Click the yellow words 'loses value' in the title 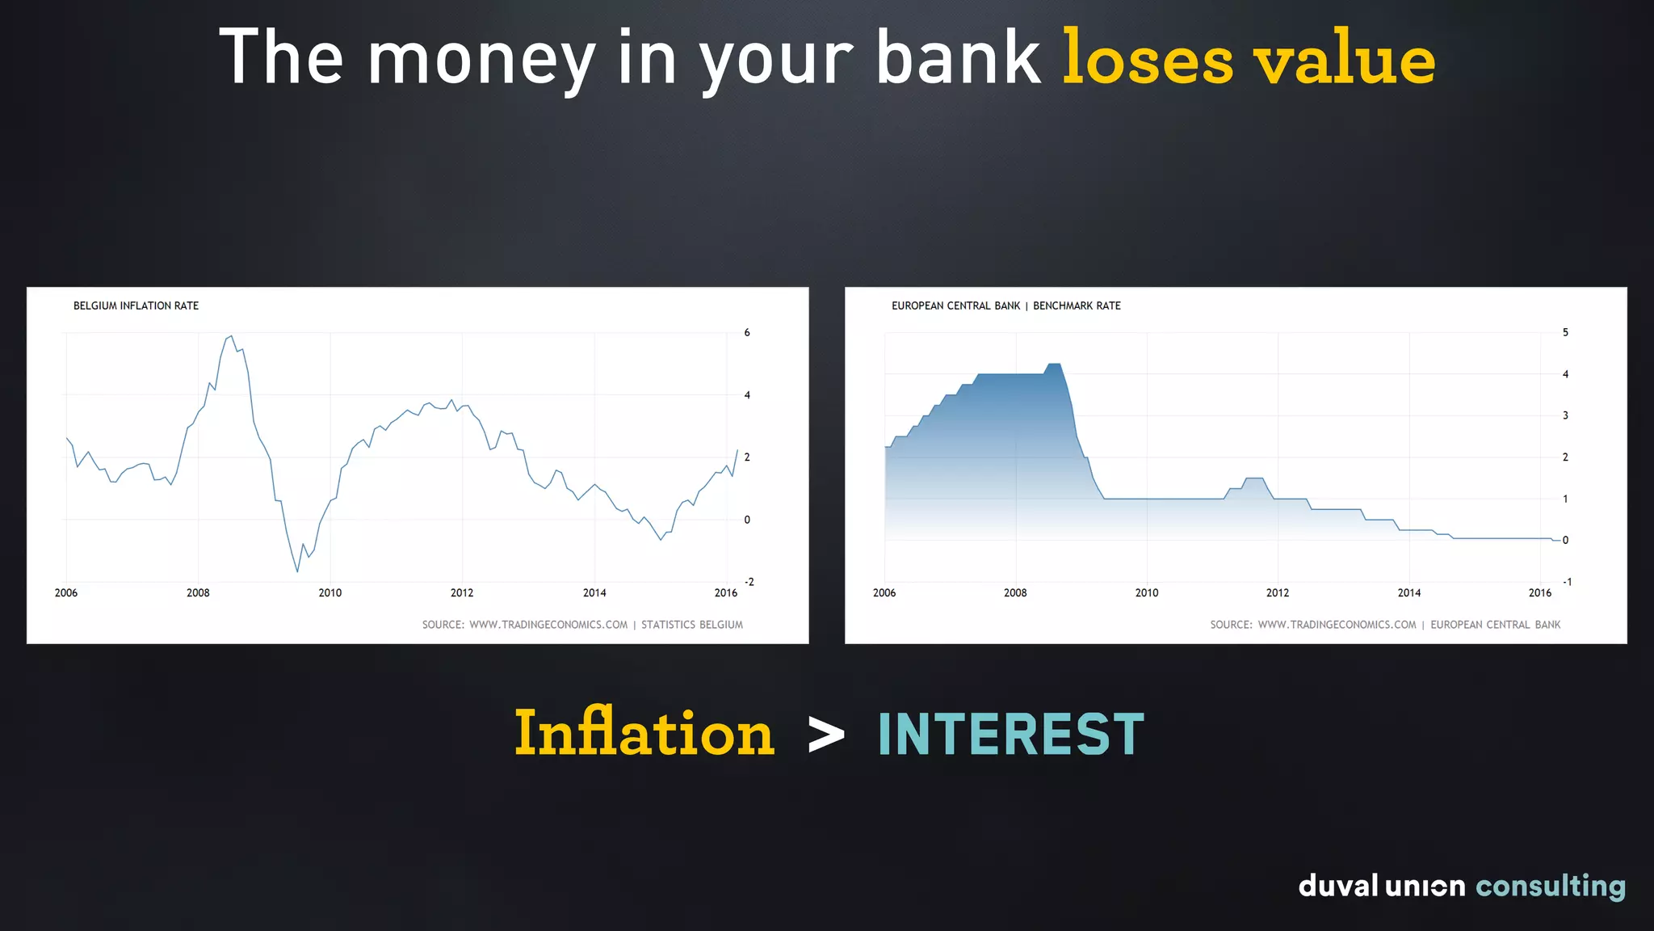pyautogui.click(x=1248, y=58)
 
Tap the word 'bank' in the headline pyautogui.click(x=959, y=58)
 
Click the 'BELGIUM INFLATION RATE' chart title pyautogui.click(x=136, y=305)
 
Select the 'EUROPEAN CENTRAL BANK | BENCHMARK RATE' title pyautogui.click(x=1005, y=305)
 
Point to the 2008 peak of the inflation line pyautogui.click(x=231, y=336)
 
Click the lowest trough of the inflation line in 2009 pyautogui.click(x=297, y=571)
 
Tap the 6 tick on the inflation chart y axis pyautogui.click(x=747, y=332)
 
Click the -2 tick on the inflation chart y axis pyautogui.click(x=749, y=582)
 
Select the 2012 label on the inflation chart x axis pyautogui.click(x=462, y=592)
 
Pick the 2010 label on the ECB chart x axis pyautogui.click(x=1146, y=592)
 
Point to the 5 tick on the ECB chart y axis pyautogui.click(x=1565, y=332)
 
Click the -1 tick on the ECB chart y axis pyautogui.click(x=1567, y=582)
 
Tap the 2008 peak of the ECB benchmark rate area pyautogui.click(x=1053, y=365)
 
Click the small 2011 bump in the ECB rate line pyautogui.click(x=1253, y=479)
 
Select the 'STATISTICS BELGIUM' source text pyautogui.click(x=691, y=625)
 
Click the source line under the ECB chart pyautogui.click(x=1384, y=625)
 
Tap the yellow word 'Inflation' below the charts pyautogui.click(x=644, y=733)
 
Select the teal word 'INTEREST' pyautogui.click(x=1010, y=735)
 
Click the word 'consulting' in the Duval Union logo pyautogui.click(x=1550, y=886)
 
